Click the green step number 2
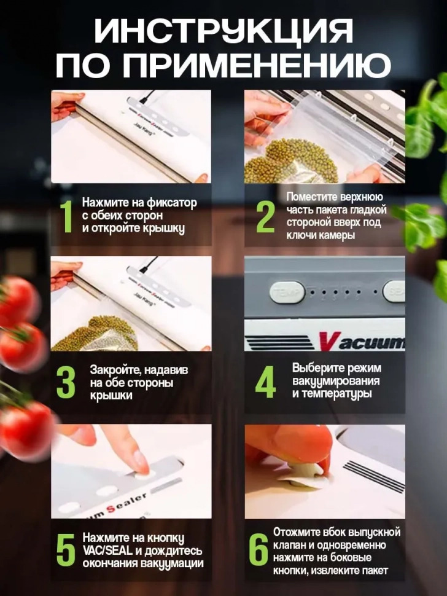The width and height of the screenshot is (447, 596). [x=265, y=217]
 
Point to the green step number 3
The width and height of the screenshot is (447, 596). [x=66, y=382]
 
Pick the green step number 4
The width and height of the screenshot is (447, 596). [x=265, y=382]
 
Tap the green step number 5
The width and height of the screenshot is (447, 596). [x=66, y=550]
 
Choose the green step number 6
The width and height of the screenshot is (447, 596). [x=258, y=550]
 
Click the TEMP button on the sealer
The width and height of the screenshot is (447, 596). [x=287, y=293]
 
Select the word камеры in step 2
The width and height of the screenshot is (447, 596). [x=337, y=235]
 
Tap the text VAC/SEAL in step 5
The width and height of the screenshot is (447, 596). [x=107, y=551]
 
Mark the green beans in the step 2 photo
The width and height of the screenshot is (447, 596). [x=290, y=162]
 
